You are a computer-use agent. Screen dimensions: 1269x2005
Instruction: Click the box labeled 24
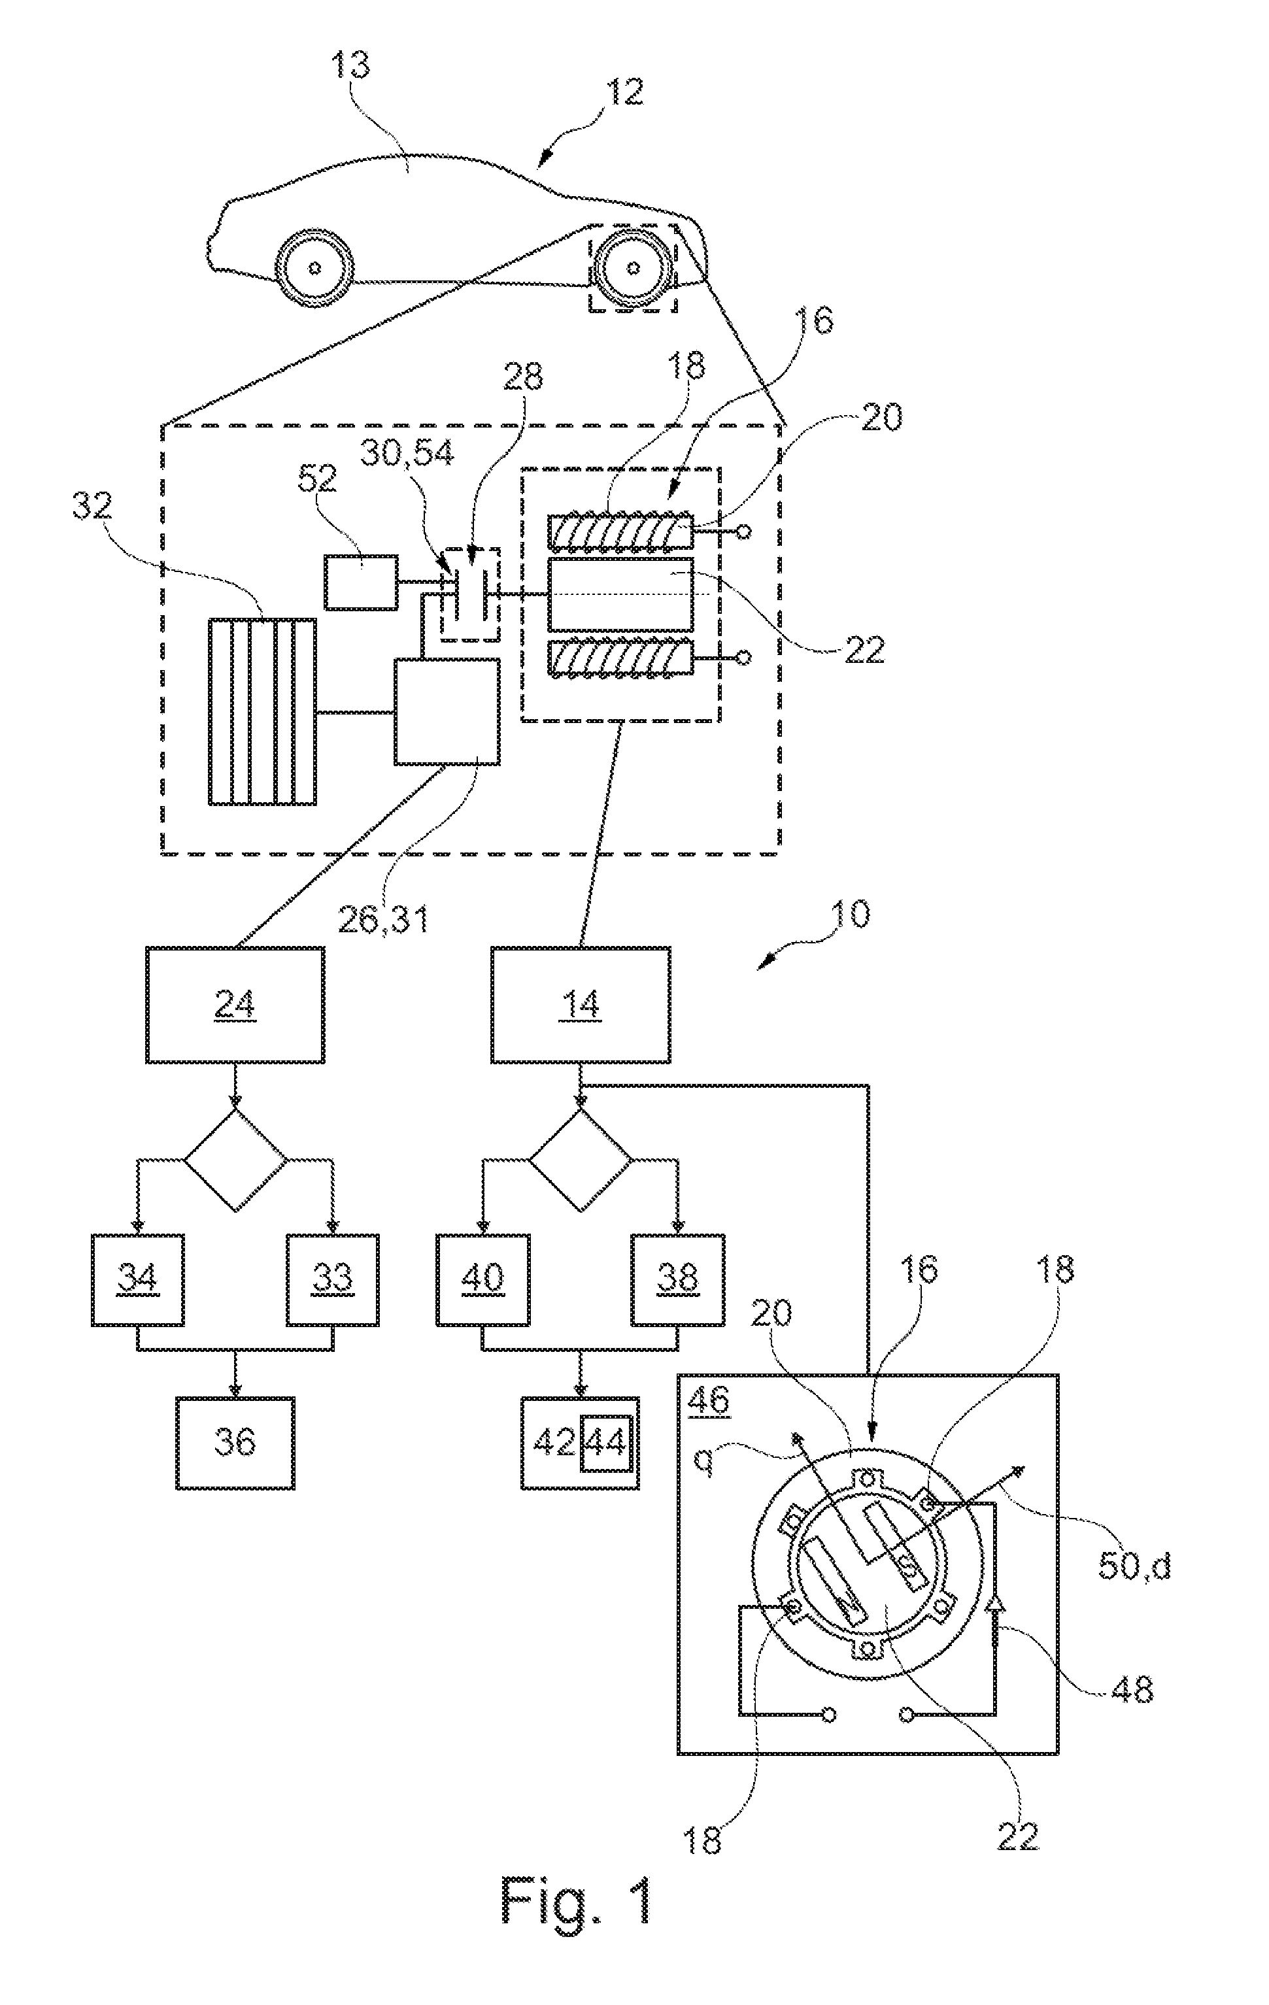(235, 1004)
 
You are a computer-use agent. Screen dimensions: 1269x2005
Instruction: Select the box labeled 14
(581, 1004)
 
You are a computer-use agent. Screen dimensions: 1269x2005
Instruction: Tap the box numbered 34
(137, 1278)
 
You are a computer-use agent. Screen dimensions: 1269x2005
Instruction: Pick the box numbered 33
(332, 1278)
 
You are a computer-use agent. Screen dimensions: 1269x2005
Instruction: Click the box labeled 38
(677, 1278)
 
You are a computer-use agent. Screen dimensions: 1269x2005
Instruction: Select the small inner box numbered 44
(605, 1442)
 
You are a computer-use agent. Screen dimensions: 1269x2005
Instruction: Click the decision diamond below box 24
(235, 1159)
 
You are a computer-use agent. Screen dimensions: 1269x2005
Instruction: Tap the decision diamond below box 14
(581, 1159)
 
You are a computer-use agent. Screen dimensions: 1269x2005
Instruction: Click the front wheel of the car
(314, 267)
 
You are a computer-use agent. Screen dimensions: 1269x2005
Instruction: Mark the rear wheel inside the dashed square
(634, 267)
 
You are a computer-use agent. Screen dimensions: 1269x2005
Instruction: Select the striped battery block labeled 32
(262, 712)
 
